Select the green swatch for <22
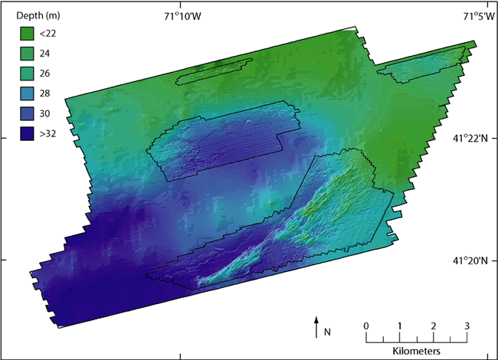point(28,34)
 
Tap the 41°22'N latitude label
point(469,138)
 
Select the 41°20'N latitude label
point(469,260)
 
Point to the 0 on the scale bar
point(366,326)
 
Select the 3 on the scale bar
point(467,326)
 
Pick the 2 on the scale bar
point(434,326)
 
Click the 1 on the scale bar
point(400,326)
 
